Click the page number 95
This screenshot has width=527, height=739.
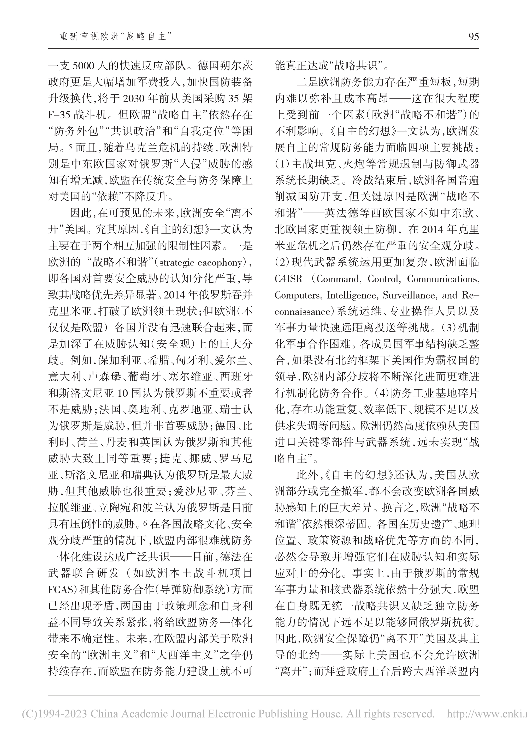click(x=473, y=36)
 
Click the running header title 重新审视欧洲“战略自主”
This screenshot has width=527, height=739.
click(x=115, y=36)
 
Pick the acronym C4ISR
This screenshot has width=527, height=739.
click(x=288, y=279)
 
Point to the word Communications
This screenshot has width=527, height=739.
click(x=443, y=279)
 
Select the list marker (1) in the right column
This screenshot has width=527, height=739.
click(x=282, y=164)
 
